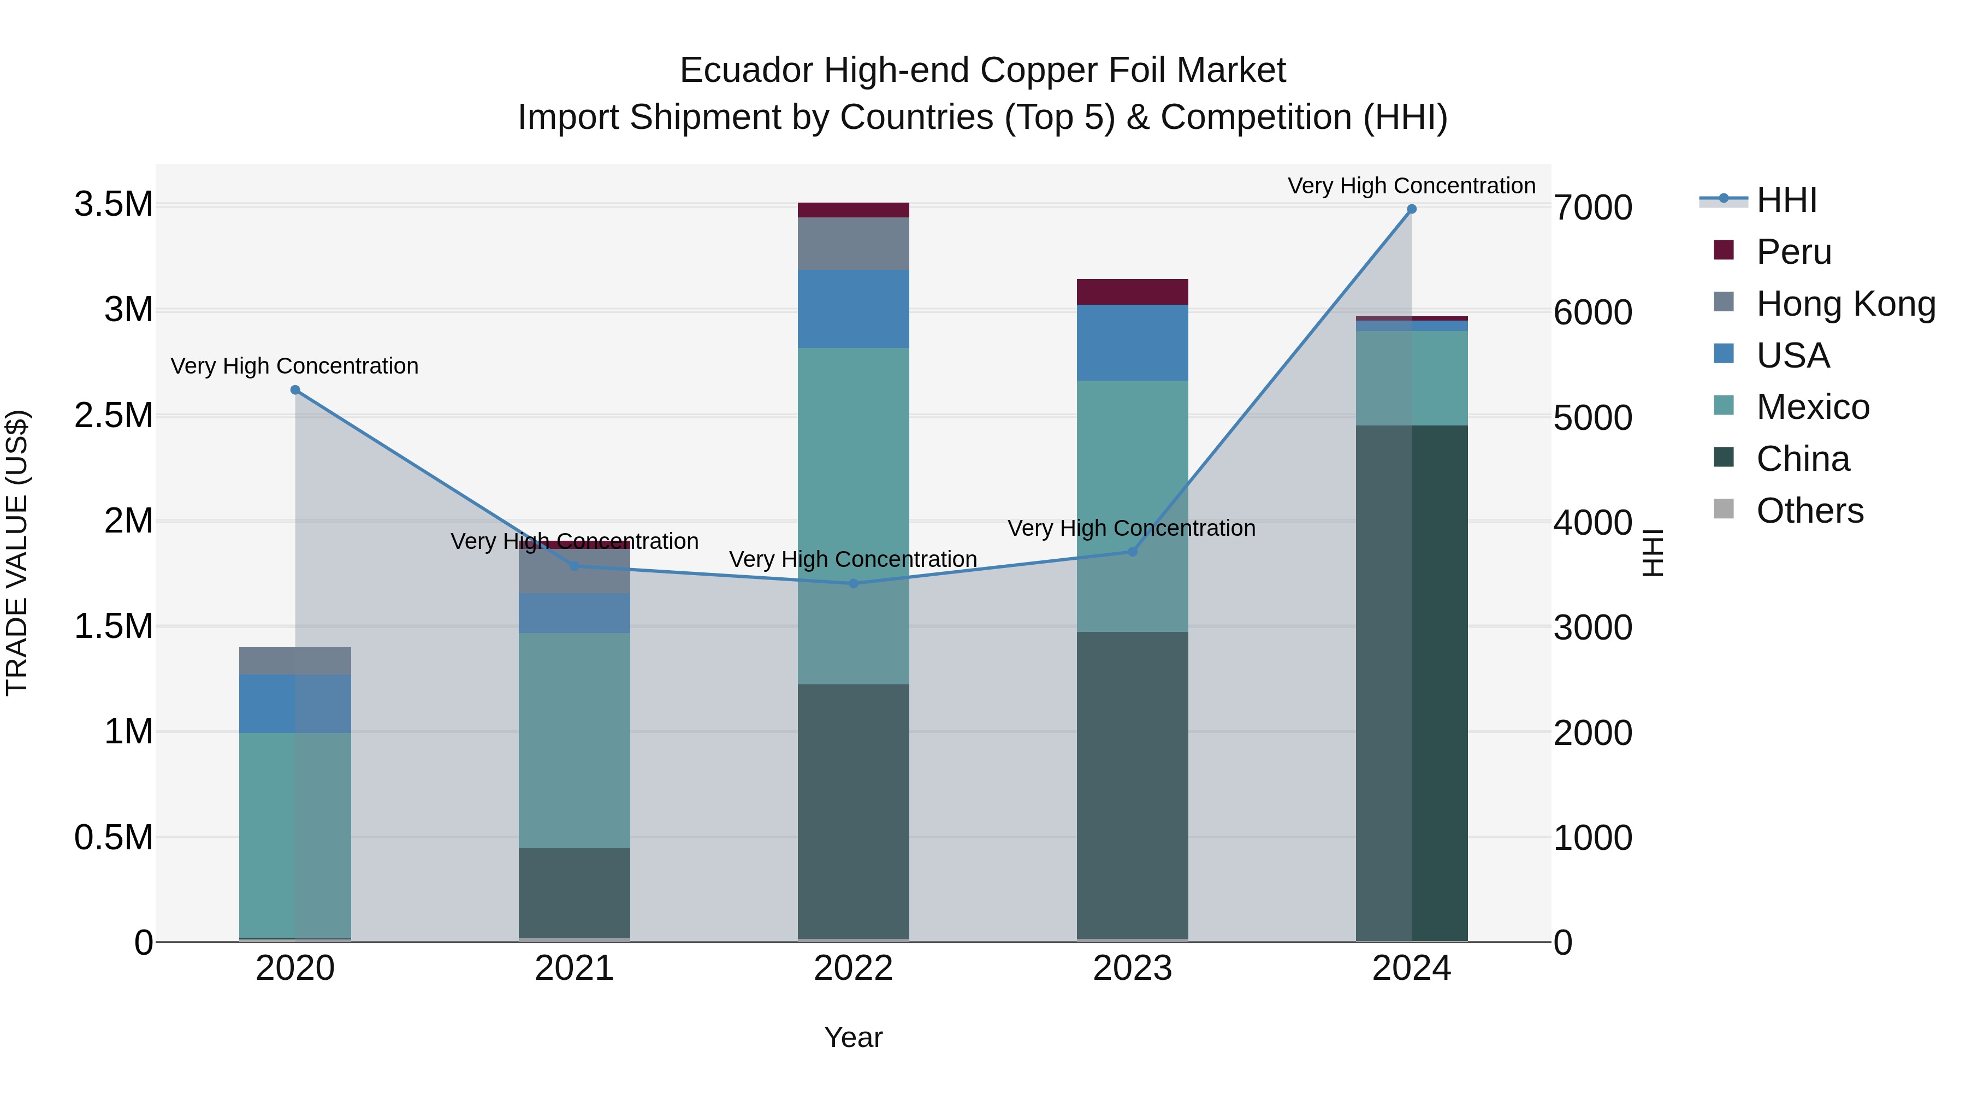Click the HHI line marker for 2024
pyautogui.click(x=1411, y=209)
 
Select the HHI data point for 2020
pyautogui.click(x=295, y=390)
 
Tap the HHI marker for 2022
pyautogui.click(x=853, y=584)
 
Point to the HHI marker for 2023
pyautogui.click(x=1133, y=552)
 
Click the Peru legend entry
pyautogui.click(x=1793, y=252)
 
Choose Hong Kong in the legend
pyautogui.click(x=1845, y=304)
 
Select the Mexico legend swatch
pyautogui.click(x=1724, y=406)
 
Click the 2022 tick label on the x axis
pyautogui.click(x=853, y=968)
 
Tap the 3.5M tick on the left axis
pyautogui.click(x=114, y=205)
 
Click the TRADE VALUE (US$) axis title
pyautogui.click(x=17, y=553)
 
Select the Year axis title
pyautogui.click(x=853, y=1037)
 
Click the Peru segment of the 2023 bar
pyautogui.click(x=1133, y=292)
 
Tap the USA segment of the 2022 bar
pyautogui.click(x=853, y=309)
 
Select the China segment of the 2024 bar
pyautogui.click(x=1411, y=683)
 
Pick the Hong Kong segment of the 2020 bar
pyautogui.click(x=295, y=661)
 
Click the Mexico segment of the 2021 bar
pyautogui.click(x=575, y=741)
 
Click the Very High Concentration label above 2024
pyautogui.click(x=1411, y=186)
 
